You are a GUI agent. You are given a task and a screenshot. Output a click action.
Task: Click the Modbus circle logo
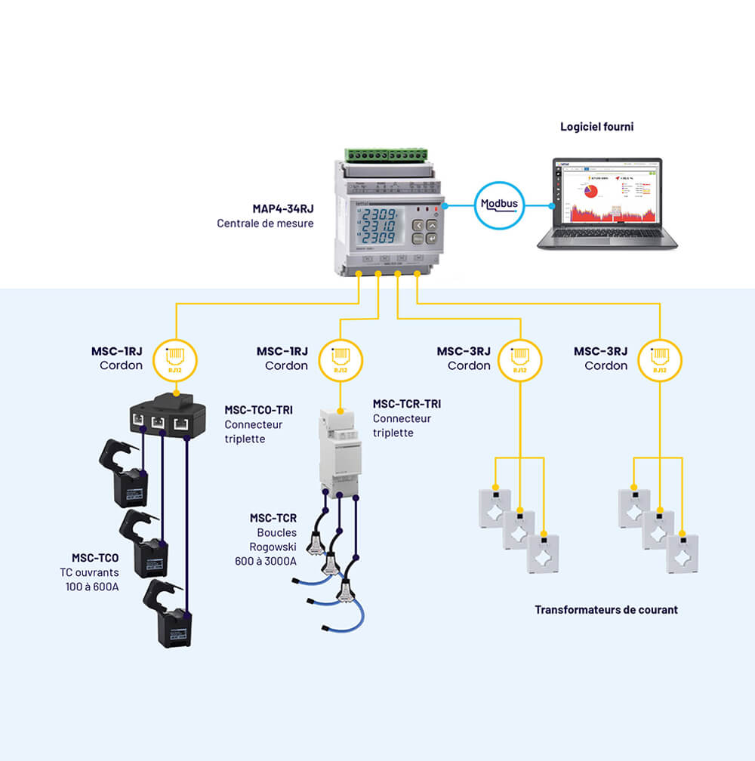pyautogui.click(x=500, y=205)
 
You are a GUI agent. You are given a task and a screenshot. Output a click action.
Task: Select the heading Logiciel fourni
pyautogui.click(x=596, y=127)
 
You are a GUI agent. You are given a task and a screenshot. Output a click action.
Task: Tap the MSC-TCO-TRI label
pyautogui.click(x=258, y=410)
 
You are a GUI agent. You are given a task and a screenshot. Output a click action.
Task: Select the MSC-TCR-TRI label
pyautogui.click(x=407, y=404)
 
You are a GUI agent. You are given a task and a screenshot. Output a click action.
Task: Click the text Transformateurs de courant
pyautogui.click(x=606, y=609)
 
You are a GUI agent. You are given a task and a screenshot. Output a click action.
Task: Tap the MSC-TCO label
pyautogui.click(x=95, y=558)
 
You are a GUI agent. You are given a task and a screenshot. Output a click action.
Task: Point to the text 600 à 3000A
pyautogui.click(x=266, y=561)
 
